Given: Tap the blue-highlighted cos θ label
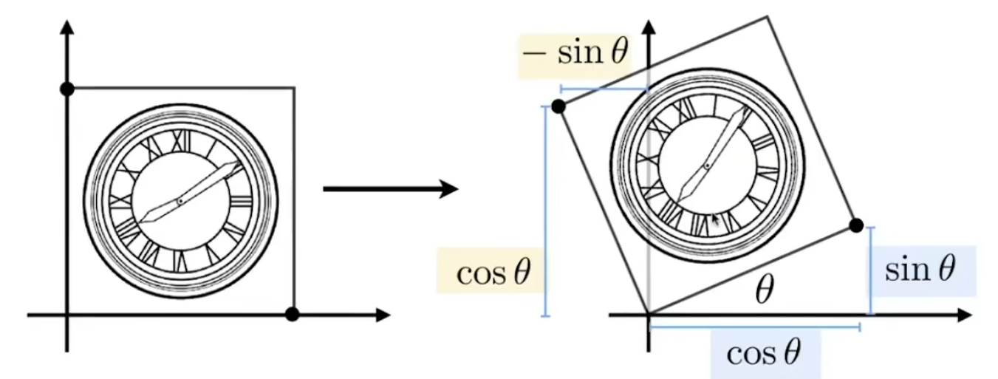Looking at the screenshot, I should point(764,353).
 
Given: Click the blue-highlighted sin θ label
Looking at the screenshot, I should point(920,270).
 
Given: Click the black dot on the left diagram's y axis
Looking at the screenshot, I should point(66,89).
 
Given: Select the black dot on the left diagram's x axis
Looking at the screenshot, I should point(293,315).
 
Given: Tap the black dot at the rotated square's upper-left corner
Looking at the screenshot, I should point(558,106).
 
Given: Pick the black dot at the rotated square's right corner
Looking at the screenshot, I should point(856,225).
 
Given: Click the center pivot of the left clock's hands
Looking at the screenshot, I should point(180,201).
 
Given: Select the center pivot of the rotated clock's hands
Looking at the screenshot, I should point(707,166).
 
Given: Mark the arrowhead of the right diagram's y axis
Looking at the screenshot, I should point(649,28).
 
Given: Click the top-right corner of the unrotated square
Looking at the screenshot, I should point(295,89).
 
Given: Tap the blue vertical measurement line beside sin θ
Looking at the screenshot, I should point(870,270).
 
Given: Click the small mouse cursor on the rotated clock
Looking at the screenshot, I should point(715,219).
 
